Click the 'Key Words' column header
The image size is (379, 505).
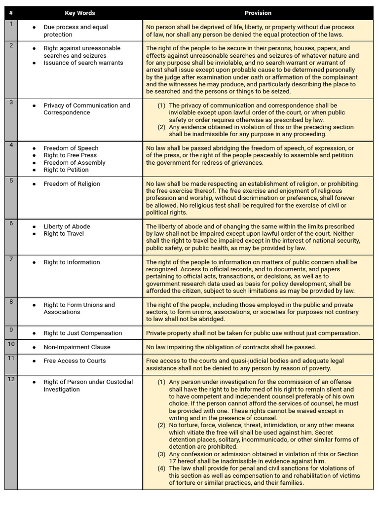[80, 13]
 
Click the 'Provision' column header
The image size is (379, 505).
[258, 13]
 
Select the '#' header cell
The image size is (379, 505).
[11, 13]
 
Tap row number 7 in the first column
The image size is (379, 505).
[11, 259]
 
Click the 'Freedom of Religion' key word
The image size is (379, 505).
[72, 184]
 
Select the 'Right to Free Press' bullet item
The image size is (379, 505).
[70, 155]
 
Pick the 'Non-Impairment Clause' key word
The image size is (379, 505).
[76, 347]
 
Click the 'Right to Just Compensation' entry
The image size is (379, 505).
[82, 333]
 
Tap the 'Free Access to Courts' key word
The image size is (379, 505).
[75, 361]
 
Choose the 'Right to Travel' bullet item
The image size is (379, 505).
[64, 234]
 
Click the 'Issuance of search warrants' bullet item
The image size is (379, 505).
[83, 63]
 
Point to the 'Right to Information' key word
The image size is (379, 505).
[72, 262]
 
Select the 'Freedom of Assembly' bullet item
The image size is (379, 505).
[74, 163]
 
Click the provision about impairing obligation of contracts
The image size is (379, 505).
[231, 347]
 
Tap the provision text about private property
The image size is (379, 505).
[253, 333]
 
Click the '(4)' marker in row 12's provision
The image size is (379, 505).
[161, 469]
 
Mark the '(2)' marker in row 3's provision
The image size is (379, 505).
[161, 127]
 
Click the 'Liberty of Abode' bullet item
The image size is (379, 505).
[67, 227]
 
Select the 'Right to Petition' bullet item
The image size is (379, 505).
[66, 170]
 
